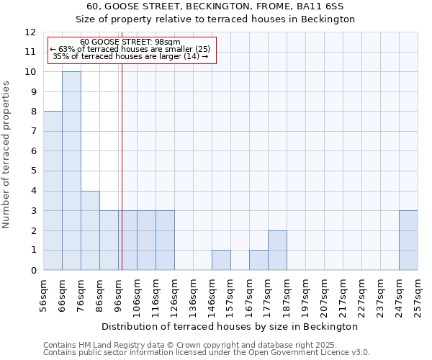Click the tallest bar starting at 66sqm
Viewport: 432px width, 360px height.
click(x=71, y=171)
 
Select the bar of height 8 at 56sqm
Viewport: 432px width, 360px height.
click(x=53, y=191)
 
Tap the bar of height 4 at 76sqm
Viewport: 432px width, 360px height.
click(x=90, y=230)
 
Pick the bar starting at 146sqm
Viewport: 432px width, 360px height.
click(x=221, y=260)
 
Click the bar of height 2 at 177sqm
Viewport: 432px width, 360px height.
click(x=277, y=251)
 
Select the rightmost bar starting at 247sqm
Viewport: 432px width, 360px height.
click(x=408, y=240)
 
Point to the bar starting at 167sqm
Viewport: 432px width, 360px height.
click(x=258, y=260)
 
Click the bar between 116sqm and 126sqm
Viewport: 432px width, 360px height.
click(x=165, y=240)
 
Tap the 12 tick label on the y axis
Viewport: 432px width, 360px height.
click(x=30, y=32)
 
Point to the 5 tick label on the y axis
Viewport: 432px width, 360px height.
click(x=33, y=171)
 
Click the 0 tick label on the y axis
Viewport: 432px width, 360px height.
click(x=33, y=271)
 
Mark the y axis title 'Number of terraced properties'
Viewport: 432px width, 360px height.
click(x=7, y=154)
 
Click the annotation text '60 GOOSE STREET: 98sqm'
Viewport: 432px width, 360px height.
click(x=130, y=42)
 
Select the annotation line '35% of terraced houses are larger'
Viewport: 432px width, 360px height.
click(x=130, y=56)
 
